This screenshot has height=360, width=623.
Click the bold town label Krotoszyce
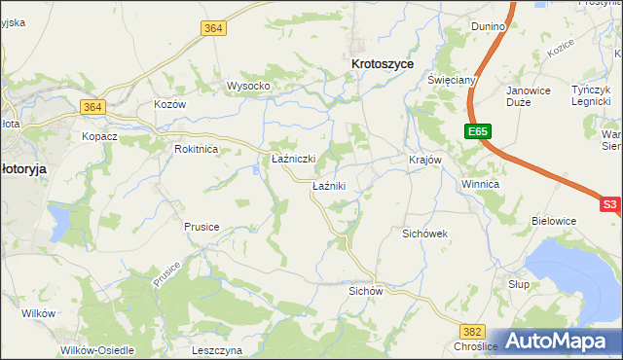(x=382, y=63)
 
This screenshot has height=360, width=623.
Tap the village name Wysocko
(x=248, y=86)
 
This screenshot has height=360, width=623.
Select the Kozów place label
(x=169, y=103)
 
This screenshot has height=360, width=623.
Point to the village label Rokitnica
(x=196, y=149)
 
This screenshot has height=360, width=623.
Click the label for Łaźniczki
(x=292, y=159)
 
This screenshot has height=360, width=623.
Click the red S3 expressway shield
(x=609, y=204)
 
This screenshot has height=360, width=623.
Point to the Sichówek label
(x=424, y=234)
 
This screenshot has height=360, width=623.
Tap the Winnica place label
(x=481, y=183)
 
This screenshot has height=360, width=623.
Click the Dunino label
(x=488, y=26)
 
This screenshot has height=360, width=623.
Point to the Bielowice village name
(x=554, y=221)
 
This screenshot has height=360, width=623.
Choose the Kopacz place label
(x=99, y=136)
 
